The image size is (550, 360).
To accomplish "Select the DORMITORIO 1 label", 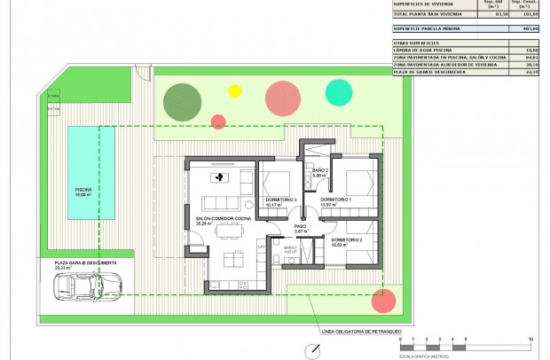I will [x=336, y=200].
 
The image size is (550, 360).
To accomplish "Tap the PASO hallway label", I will [x=300, y=227].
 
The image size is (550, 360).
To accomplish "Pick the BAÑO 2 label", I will [x=320, y=170].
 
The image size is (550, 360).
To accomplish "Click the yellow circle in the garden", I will [x=235, y=90].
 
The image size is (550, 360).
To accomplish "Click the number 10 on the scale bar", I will [x=530, y=340].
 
